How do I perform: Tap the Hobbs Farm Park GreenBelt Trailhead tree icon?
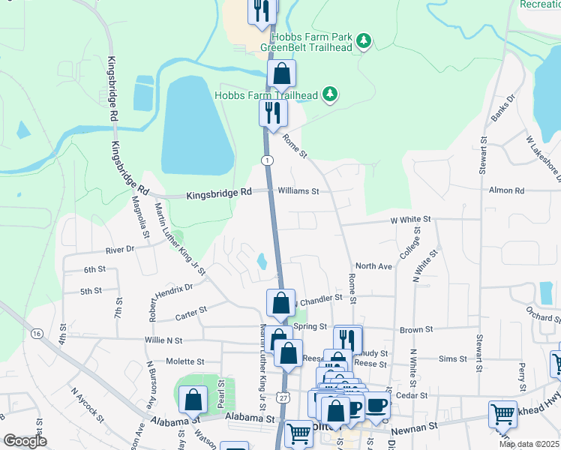tap(364, 40)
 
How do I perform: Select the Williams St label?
tap(298, 191)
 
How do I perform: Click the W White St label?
tap(410, 220)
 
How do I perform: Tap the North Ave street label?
tap(373, 266)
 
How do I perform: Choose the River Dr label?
tap(120, 249)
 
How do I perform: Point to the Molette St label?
tap(185, 361)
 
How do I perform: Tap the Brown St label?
tap(417, 328)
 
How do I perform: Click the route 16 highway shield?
tap(36, 332)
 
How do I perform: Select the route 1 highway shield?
tap(266, 160)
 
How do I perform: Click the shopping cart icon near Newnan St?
tap(502, 413)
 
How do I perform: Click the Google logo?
tap(25, 441)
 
